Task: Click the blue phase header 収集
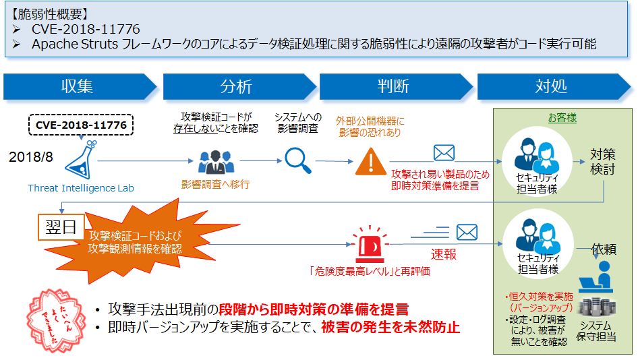[x=78, y=86]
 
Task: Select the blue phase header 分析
[x=236, y=86]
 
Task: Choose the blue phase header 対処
[x=551, y=86]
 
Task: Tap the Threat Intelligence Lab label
[x=81, y=188]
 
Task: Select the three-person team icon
[x=214, y=161]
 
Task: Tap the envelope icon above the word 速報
[x=467, y=233]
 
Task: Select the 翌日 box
[x=59, y=227]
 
